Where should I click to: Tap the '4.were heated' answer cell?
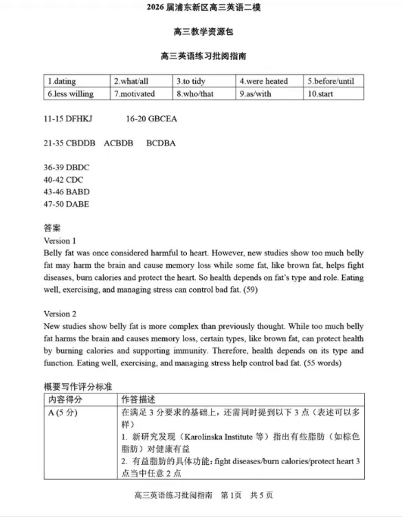(264, 81)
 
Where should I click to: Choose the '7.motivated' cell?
(135, 93)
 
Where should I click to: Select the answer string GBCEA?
(162, 119)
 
